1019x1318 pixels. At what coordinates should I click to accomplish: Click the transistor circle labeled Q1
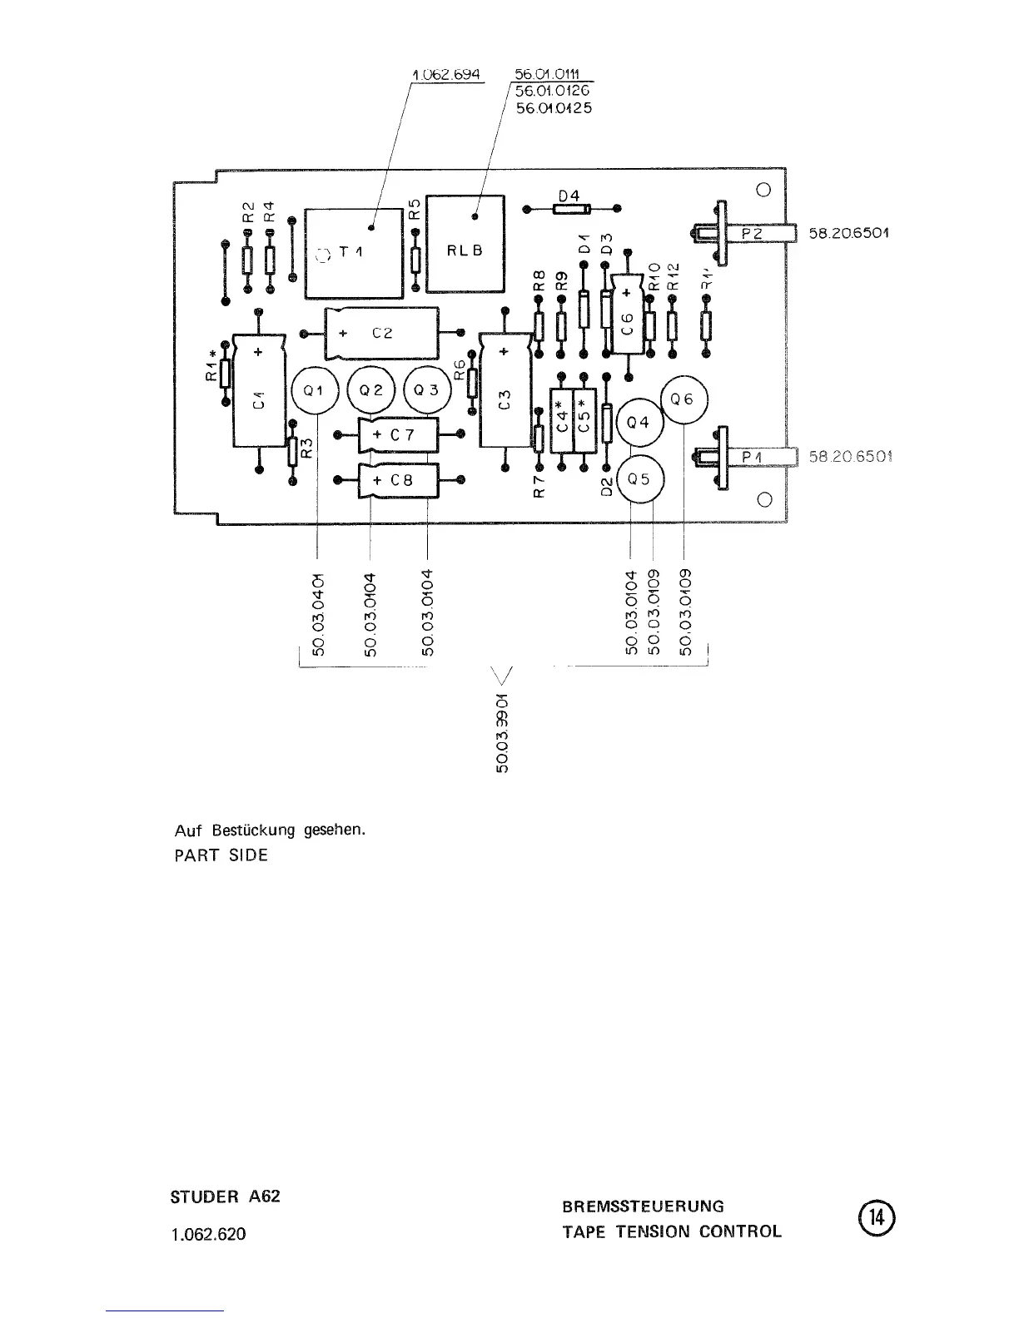click(x=315, y=390)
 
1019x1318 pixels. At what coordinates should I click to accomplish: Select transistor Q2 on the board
click(x=370, y=390)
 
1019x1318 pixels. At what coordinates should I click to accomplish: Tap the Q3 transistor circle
click(x=426, y=390)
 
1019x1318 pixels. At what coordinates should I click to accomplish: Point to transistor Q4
click(x=638, y=422)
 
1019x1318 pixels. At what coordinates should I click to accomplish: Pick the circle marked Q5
click(x=638, y=479)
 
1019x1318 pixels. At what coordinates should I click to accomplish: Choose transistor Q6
click(x=683, y=399)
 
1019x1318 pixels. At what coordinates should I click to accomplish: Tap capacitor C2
click(x=381, y=333)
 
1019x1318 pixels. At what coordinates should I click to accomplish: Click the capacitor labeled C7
click(x=399, y=434)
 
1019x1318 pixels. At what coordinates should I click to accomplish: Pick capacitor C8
click(x=399, y=480)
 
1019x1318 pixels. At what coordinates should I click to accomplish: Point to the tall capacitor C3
click(x=505, y=399)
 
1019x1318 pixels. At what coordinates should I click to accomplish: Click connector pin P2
click(x=752, y=234)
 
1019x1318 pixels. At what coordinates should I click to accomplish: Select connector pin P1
click(x=752, y=456)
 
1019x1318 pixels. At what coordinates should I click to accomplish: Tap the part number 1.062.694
click(x=447, y=74)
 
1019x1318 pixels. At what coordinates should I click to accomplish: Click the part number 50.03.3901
click(x=503, y=732)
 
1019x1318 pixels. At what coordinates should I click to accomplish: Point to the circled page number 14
click(x=875, y=1217)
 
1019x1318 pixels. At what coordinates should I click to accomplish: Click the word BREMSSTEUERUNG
click(x=643, y=1206)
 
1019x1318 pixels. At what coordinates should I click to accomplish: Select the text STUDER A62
click(x=225, y=1197)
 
